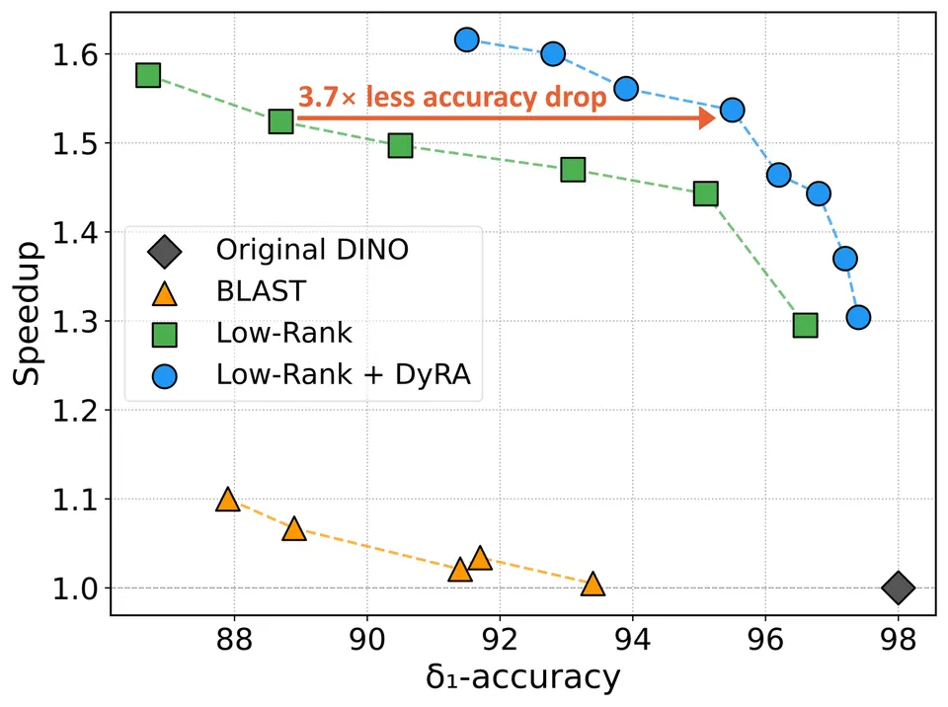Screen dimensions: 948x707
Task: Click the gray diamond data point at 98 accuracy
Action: tap(898, 588)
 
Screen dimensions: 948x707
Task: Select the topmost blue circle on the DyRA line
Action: tap(467, 39)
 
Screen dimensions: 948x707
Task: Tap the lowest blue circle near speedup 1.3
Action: tap(858, 317)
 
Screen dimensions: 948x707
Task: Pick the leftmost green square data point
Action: tap(148, 76)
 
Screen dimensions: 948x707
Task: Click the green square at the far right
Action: tap(806, 326)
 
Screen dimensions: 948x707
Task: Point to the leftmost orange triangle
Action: tap(227, 500)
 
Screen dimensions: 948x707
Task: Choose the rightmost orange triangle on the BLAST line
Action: tap(592, 585)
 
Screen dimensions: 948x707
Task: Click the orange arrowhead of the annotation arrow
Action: tap(707, 118)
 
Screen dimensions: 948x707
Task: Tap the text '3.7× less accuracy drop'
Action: tap(452, 97)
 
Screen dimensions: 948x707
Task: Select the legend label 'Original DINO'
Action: tap(313, 249)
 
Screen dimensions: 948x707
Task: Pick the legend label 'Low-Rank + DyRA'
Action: tap(344, 374)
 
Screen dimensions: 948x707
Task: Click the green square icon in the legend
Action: tap(165, 335)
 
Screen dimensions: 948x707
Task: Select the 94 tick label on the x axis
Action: tap(633, 639)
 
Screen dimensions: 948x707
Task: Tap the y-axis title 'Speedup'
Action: tap(26, 314)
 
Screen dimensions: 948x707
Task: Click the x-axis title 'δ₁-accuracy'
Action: tap(523, 677)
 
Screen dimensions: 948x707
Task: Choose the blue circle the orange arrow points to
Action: tap(732, 110)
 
